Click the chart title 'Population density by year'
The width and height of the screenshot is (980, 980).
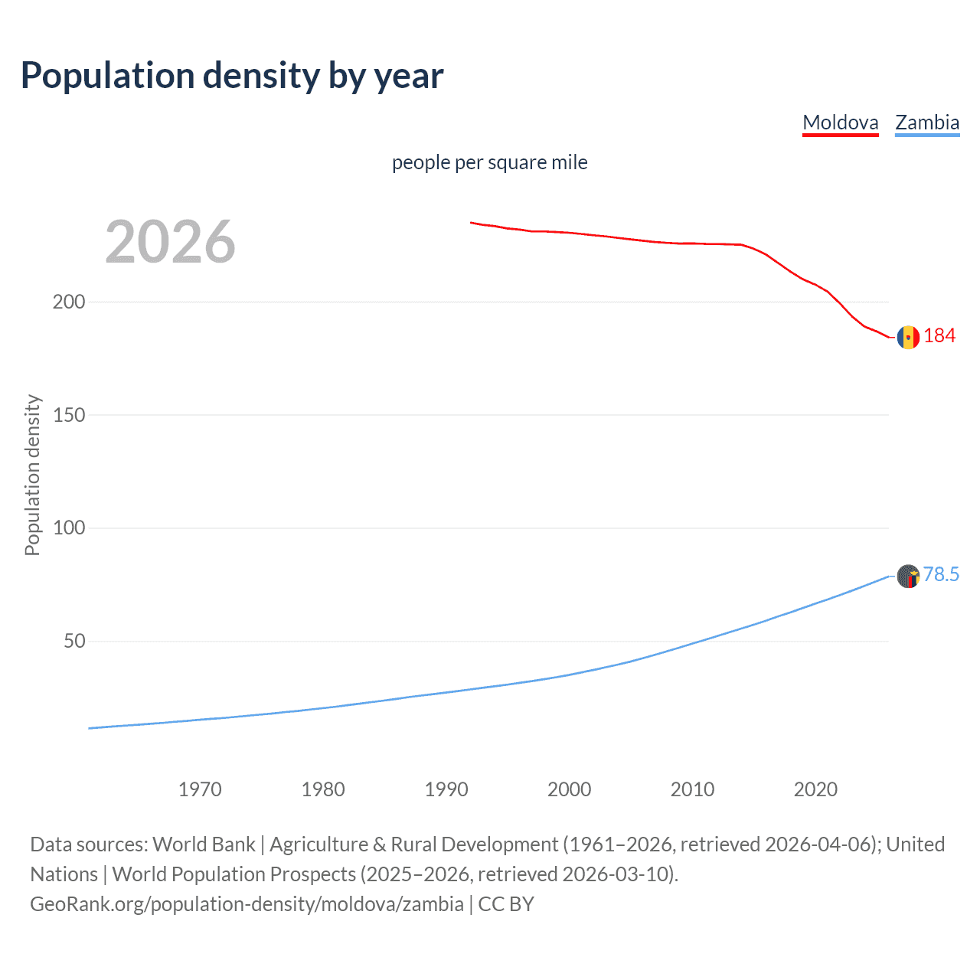(x=232, y=76)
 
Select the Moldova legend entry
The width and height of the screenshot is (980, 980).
(x=840, y=122)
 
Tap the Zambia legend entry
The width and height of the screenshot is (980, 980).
(x=927, y=122)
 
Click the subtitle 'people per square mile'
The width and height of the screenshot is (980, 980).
(x=489, y=162)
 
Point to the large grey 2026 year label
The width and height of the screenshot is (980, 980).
(x=170, y=242)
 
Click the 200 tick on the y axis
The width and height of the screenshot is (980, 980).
(x=69, y=302)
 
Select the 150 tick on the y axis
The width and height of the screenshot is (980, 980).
(x=69, y=415)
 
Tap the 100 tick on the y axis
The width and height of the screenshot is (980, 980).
(x=69, y=528)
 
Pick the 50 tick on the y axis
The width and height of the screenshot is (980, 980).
(x=74, y=642)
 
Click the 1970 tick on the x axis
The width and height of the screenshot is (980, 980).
(x=200, y=789)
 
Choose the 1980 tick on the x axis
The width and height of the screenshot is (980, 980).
(x=323, y=789)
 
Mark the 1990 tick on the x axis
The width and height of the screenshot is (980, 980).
(x=446, y=789)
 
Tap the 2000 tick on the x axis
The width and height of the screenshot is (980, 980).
(x=569, y=789)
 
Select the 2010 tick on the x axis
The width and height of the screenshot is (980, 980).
(x=692, y=789)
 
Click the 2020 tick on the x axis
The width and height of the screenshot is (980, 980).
(x=815, y=789)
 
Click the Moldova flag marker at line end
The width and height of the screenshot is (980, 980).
(x=908, y=337)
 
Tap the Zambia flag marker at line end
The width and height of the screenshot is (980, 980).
(x=908, y=576)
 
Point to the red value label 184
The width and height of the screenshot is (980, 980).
(x=939, y=336)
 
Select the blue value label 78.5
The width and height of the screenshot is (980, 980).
(x=941, y=575)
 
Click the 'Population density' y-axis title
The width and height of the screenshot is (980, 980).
(x=32, y=475)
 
